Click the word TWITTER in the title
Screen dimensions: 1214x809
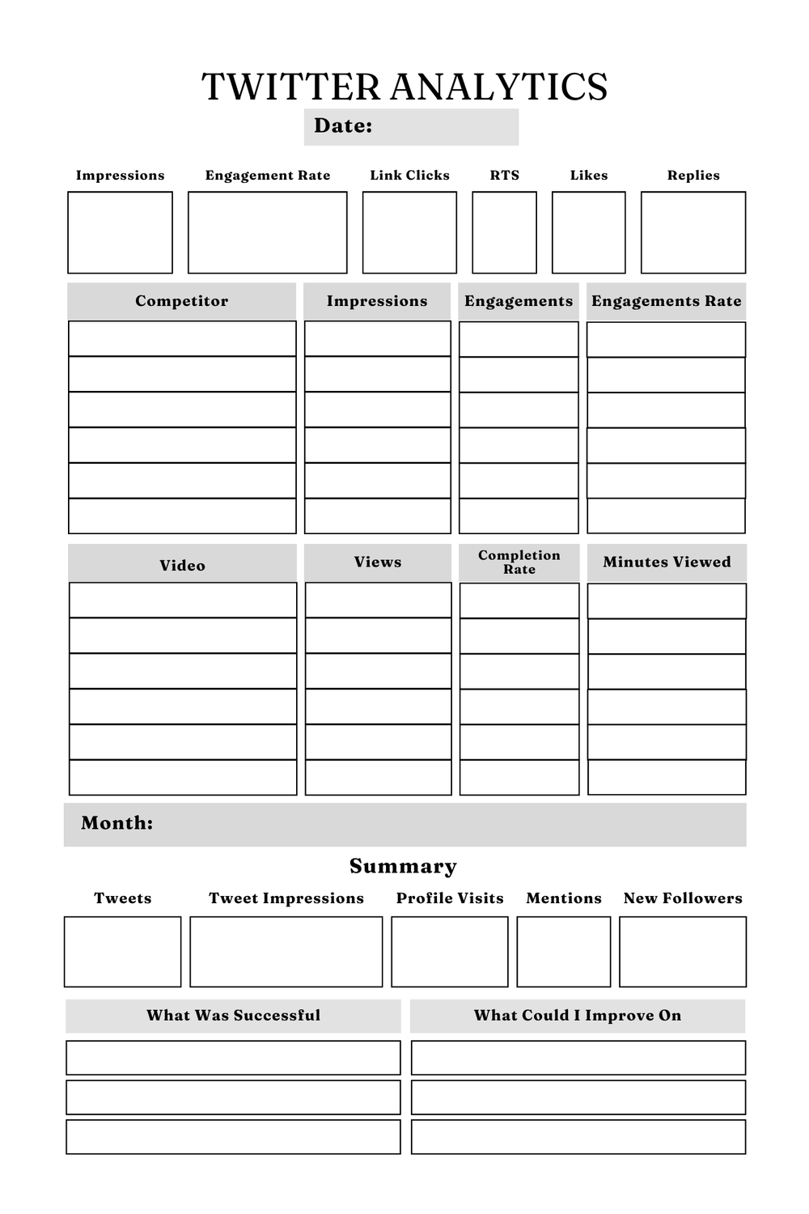(290, 87)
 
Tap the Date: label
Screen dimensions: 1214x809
(343, 125)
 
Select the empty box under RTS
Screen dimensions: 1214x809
(504, 232)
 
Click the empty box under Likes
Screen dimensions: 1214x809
(588, 232)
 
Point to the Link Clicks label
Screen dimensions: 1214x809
(409, 175)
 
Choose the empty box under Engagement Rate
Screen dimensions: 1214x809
(267, 232)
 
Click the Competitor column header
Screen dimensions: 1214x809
(181, 301)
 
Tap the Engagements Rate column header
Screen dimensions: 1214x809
(666, 301)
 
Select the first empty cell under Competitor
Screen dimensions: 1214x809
(182, 339)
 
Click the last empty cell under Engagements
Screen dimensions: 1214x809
(519, 516)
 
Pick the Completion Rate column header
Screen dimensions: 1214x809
(519, 562)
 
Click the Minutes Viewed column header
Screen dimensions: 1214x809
(667, 562)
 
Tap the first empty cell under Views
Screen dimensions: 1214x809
(378, 601)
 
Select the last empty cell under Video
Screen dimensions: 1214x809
(183, 777)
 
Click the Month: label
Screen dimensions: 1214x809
(116, 823)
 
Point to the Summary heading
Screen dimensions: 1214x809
(403, 866)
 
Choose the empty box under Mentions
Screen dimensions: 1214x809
(563, 952)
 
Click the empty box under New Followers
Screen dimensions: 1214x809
(682, 952)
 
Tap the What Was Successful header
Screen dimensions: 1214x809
(233, 1015)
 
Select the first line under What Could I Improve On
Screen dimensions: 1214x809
(578, 1058)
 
